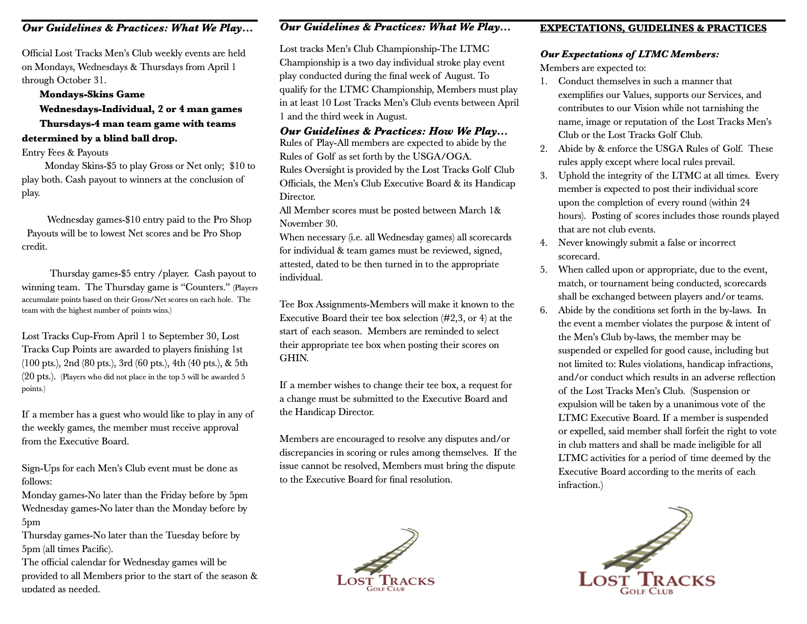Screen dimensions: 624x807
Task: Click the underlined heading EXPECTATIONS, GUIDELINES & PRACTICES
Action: point(653,28)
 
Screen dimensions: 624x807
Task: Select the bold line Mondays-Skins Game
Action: point(92,94)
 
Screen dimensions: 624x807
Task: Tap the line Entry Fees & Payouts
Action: point(65,152)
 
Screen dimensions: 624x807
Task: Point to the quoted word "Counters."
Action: point(204,287)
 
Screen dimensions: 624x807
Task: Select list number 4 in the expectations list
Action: point(544,243)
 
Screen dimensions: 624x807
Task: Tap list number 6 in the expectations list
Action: point(544,310)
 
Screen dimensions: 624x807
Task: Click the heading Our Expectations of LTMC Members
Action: point(629,54)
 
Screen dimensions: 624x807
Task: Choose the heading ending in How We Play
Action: point(394,131)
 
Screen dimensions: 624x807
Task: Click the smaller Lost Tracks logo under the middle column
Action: point(385,560)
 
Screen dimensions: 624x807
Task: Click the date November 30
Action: point(308,224)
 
